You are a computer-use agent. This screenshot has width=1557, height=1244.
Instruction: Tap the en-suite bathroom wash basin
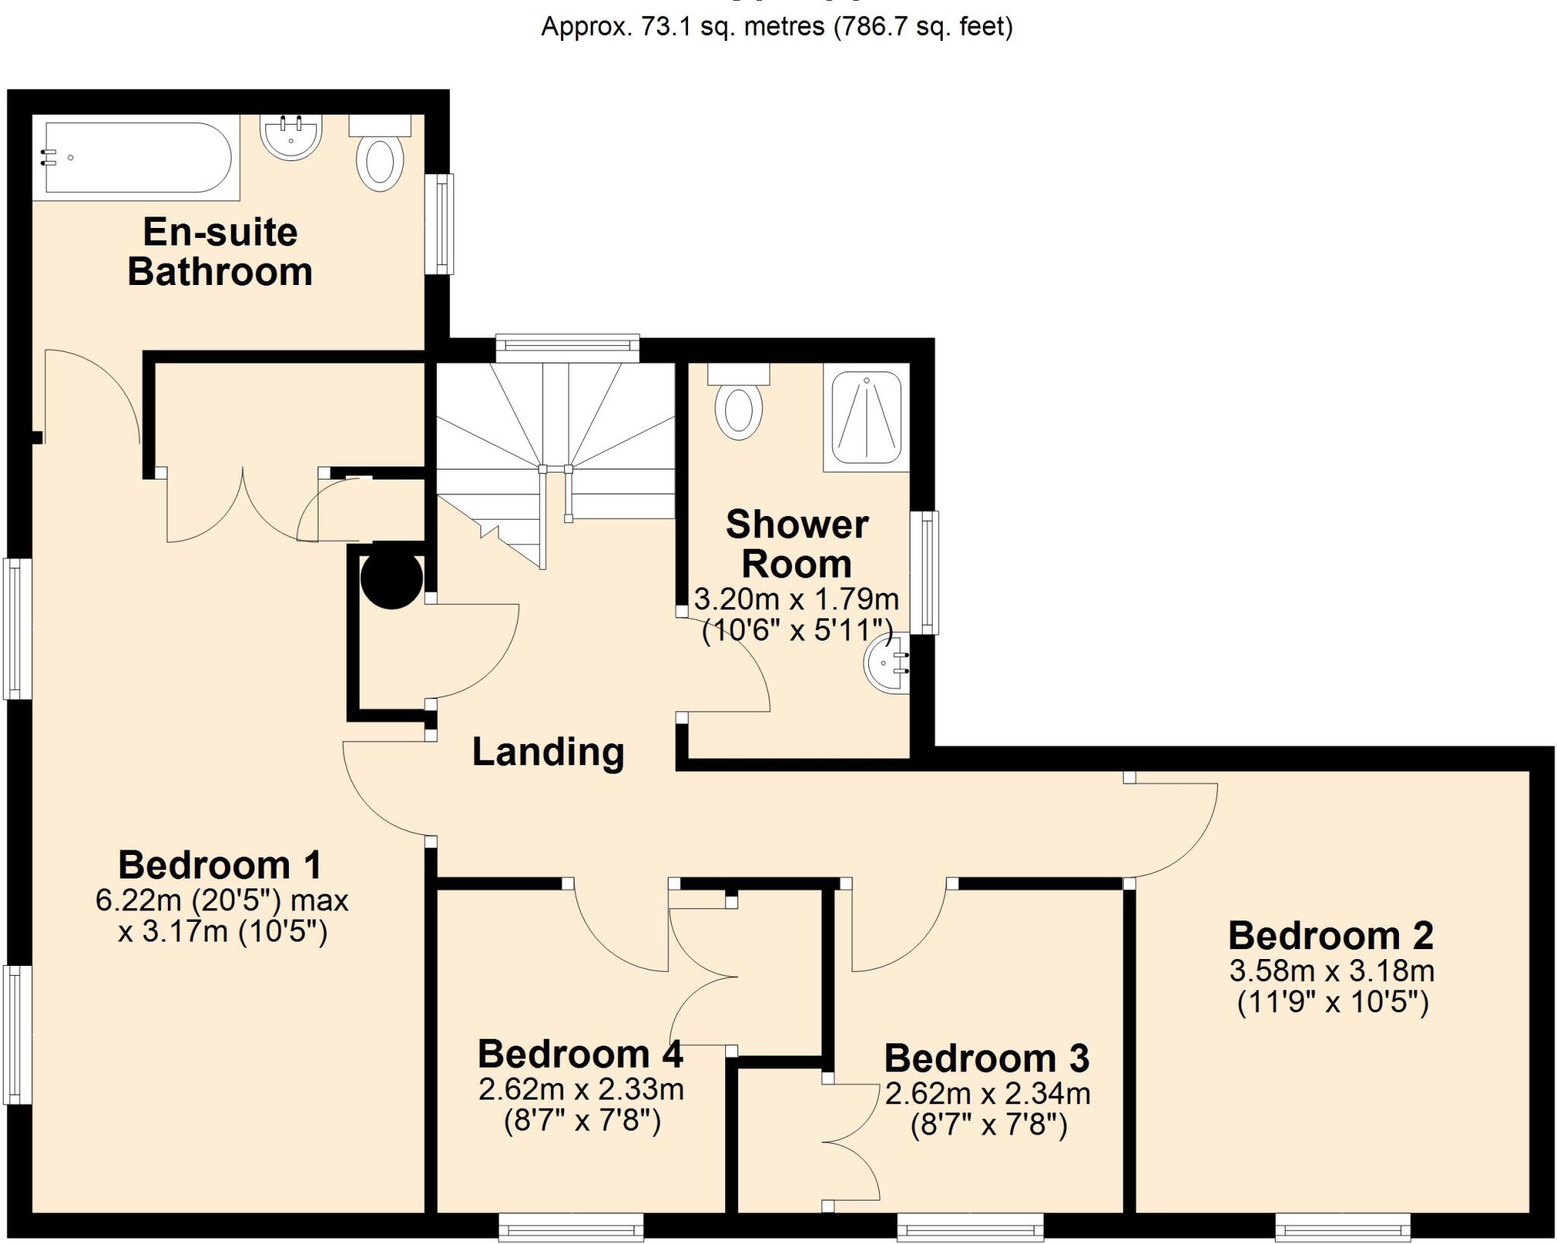tap(290, 137)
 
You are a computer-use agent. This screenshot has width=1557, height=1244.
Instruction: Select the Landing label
tap(548, 752)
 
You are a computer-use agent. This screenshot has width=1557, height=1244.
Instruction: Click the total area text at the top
tap(776, 27)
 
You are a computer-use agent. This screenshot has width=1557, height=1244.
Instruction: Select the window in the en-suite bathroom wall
tap(439, 223)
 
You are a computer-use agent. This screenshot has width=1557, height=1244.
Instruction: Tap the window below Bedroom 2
tap(1343, 1226)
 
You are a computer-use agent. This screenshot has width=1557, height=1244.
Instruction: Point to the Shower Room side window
tap(924, 572)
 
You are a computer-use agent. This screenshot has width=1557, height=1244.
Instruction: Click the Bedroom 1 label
tap(220, 865)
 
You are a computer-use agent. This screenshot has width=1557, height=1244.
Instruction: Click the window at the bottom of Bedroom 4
tap(571, 1226)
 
